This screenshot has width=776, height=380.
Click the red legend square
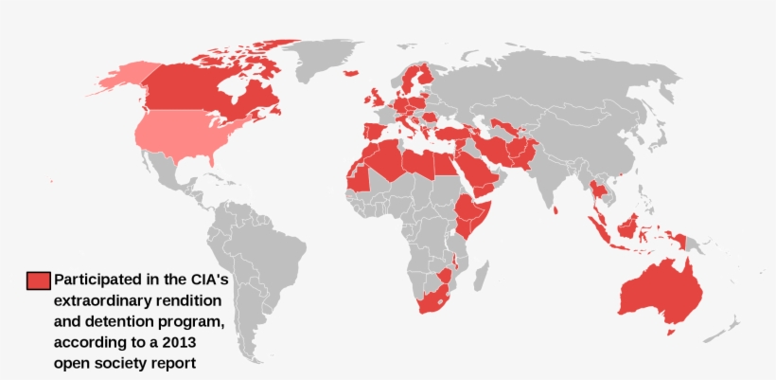click(38, 280)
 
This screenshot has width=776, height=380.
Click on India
click(550, 175)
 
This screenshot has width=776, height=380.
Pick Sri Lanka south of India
click(559, 210)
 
